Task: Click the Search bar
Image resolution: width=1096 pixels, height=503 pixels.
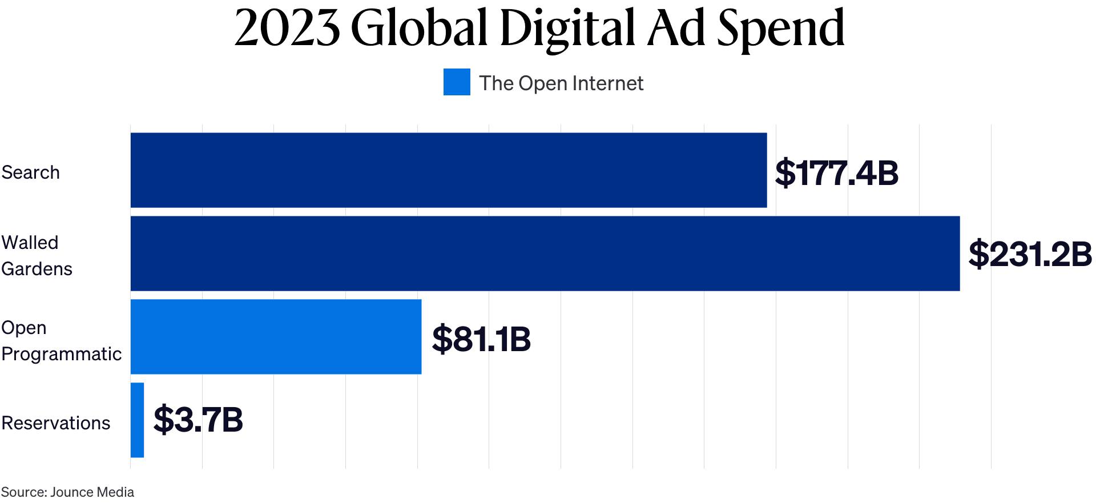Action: pos(449,170)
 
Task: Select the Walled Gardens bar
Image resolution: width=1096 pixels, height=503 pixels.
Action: pos(545,253)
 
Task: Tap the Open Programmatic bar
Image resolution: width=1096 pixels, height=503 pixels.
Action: pos(276,337)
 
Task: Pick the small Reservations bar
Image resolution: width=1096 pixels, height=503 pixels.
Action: pos(137,420)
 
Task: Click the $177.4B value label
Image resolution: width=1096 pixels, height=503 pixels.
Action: pos(836,173)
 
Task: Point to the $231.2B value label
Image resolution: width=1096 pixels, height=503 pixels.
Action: pos(1030,254)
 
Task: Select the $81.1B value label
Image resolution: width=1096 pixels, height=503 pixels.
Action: pos(481,339)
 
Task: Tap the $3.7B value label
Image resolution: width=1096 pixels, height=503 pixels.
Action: pos(198,420)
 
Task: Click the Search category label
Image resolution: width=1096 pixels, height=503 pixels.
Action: pos(31,172)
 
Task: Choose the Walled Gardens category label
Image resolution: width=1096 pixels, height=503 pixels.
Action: pos(37,256)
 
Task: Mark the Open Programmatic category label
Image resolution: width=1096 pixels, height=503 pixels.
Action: pos(61,341)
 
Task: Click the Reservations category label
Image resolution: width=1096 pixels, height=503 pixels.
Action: pos(56,423)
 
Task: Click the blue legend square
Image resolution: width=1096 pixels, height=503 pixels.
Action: pos(457,82)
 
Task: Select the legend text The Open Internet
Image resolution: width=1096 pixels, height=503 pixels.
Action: pos(561,83)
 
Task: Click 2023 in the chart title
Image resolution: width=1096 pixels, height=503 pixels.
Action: pos(287,29)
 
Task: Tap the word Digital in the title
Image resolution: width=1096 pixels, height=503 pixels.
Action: pos(567,29)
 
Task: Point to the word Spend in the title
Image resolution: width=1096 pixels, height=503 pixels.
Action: pos(780,29)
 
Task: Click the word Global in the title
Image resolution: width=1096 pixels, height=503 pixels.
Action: pos(420,29)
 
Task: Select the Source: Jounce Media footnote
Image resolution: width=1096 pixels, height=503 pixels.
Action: pos(67,492)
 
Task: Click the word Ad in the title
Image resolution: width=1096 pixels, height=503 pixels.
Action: pos(676,29)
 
